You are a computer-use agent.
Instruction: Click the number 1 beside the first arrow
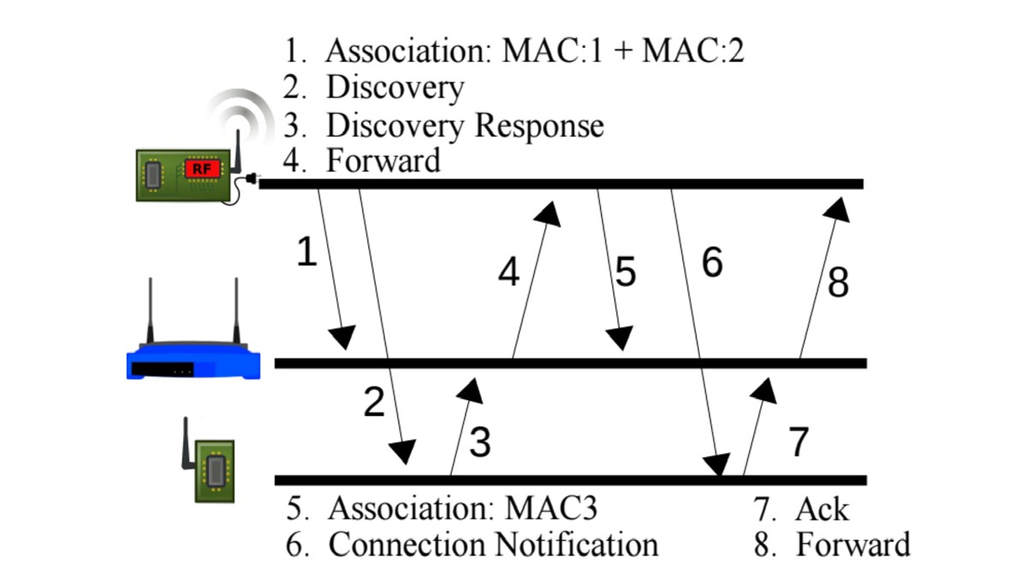[x=306, y=253]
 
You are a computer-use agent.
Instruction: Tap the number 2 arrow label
[x=374, y=402]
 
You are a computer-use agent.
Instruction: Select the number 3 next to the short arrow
[x=480, y=443]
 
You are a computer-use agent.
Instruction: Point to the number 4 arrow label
[x=509, y=272]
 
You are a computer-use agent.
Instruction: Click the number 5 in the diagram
[x=626, y=272]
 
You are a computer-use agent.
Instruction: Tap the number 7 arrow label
[x=797, y=443]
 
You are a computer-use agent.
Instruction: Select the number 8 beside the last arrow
[x=838, y=283]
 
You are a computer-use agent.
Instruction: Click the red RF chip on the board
[x=202, y=170]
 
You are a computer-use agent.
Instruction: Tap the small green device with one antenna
[x=214, y=469]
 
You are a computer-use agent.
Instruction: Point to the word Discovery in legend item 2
[x=395, y=87]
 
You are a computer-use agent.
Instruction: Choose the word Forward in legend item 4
[x=383, y=160]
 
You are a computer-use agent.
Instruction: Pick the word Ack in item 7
[x=822, y=509]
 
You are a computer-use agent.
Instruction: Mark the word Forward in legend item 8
[x=852, y=545]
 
